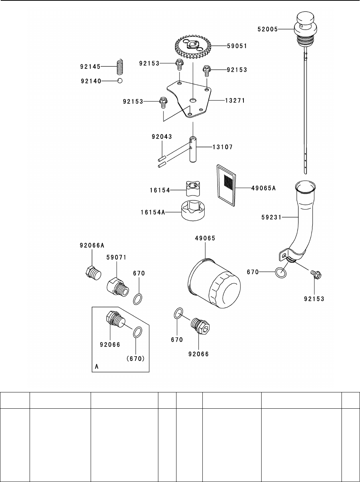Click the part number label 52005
(268, 29)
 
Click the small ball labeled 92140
(120, 81)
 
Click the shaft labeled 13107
(193, 150)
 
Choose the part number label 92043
(161, 137)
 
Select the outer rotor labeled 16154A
(194, 211)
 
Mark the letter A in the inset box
(97, 366)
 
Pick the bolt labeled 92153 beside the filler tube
(315, 274)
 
